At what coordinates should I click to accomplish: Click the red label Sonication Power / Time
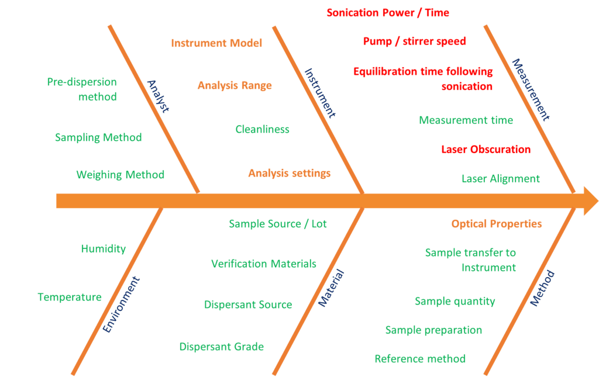pyautogui.click(x=387, y=13)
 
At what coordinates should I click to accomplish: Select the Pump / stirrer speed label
pyautogui.click(x=414, y=41)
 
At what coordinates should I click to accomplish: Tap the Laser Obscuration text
pyautogui.click(x=486, y=149)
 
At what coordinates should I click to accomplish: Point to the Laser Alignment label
pyautogui.click(x=500, y=179)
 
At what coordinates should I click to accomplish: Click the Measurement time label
pyautogui.click(x=466, y=120)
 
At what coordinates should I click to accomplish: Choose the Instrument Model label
pyautogui.click(x=216, y=43)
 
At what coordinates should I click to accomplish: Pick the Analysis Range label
pyautogui.click(x=235, y=85)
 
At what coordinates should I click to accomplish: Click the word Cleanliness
pyautogui.click(x=262, y=129)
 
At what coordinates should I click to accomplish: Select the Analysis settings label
pyautogui.click(x=289, y=173)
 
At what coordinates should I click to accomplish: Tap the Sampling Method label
pyautogui.click(x=98, y=138)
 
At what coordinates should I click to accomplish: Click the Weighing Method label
pyautogui.click(x=120, y=175)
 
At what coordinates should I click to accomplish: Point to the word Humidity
pyautogui.click(x=103, y=248)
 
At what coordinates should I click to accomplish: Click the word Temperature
pyautogui.click(x=70, y=297)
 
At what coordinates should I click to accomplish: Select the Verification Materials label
pyautogui.click(x=263, y=264)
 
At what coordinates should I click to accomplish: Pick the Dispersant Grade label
pyautogui.click(x=221, y=347)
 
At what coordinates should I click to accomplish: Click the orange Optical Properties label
pyautogui.click(x=496, y=224)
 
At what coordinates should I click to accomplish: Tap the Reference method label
pyautogui.click(x=419, y=358)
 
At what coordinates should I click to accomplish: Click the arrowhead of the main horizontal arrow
pyautogui.click(x=587, y=202)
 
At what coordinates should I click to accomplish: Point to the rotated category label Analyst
pyautogui.click(x=157, y=96)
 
